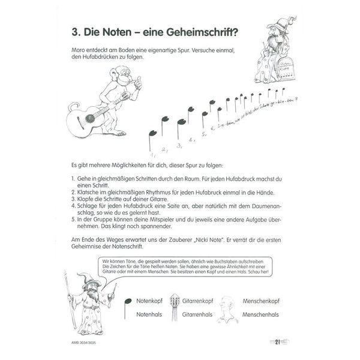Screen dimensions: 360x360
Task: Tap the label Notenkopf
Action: click(x=150, y=301)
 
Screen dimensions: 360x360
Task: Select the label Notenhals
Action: click(x=150, y=314)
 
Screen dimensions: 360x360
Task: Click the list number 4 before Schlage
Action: click(x=72, y=206)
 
